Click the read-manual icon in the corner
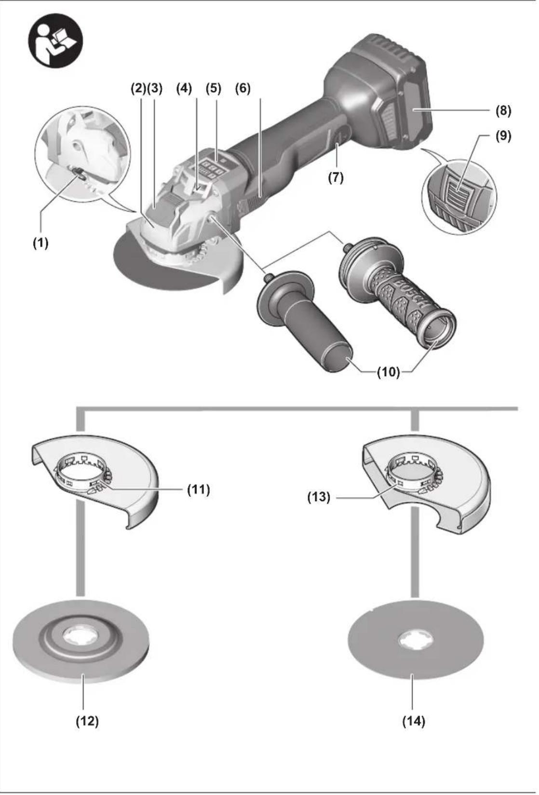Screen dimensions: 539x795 click(x=55, y=41)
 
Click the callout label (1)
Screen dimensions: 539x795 click(x=40, y=244)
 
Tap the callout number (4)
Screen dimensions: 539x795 click(x=184, y=89)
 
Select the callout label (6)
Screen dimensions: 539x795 click(x=243, y=89)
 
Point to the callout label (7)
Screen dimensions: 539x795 click(x=336, y=177)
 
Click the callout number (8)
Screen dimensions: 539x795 click(x=503, y=111)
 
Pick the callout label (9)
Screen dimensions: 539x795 click(x=503, y=137)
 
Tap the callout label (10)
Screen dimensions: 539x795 click(x=388, y=372)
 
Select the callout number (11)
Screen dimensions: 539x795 click(x=199, y=490)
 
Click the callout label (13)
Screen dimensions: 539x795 click(x=319, y=497)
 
